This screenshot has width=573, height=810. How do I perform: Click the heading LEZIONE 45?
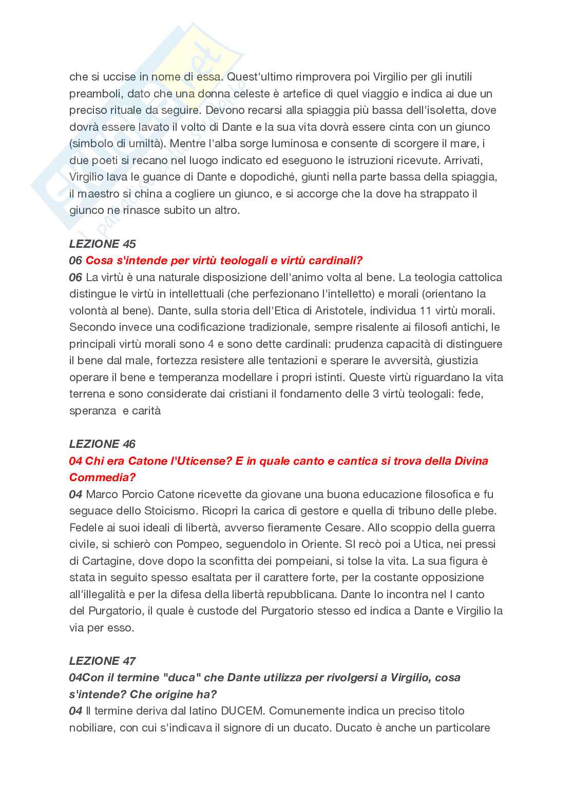(103, 244)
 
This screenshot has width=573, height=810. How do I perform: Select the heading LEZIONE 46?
(103, 444)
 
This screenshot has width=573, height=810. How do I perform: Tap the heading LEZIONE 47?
(103, 661)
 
